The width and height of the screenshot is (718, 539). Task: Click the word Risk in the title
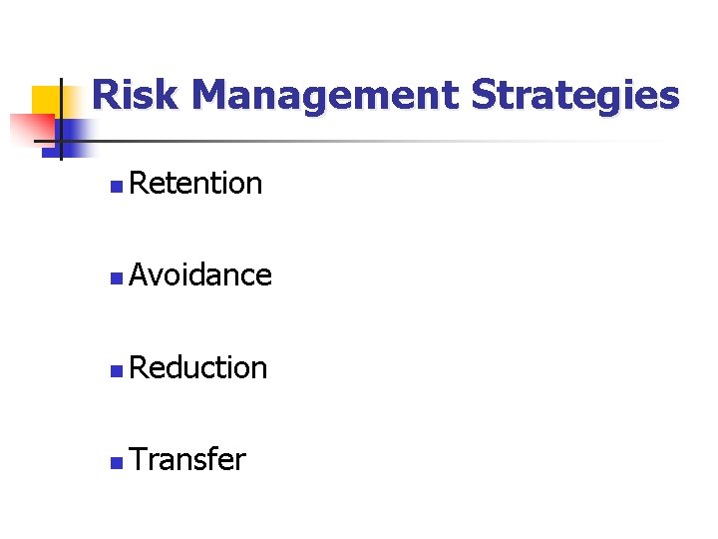137,96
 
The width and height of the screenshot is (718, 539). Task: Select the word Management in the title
325,97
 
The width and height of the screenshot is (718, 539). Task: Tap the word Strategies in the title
574,97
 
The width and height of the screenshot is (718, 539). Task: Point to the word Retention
195,184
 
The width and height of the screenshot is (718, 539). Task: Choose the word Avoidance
200,275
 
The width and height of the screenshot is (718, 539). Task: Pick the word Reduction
198,368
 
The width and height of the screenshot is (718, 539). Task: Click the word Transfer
187,460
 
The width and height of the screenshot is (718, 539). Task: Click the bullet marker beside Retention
117,186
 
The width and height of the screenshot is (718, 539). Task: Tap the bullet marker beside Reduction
117,370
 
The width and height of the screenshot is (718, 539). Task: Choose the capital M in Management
214,97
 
